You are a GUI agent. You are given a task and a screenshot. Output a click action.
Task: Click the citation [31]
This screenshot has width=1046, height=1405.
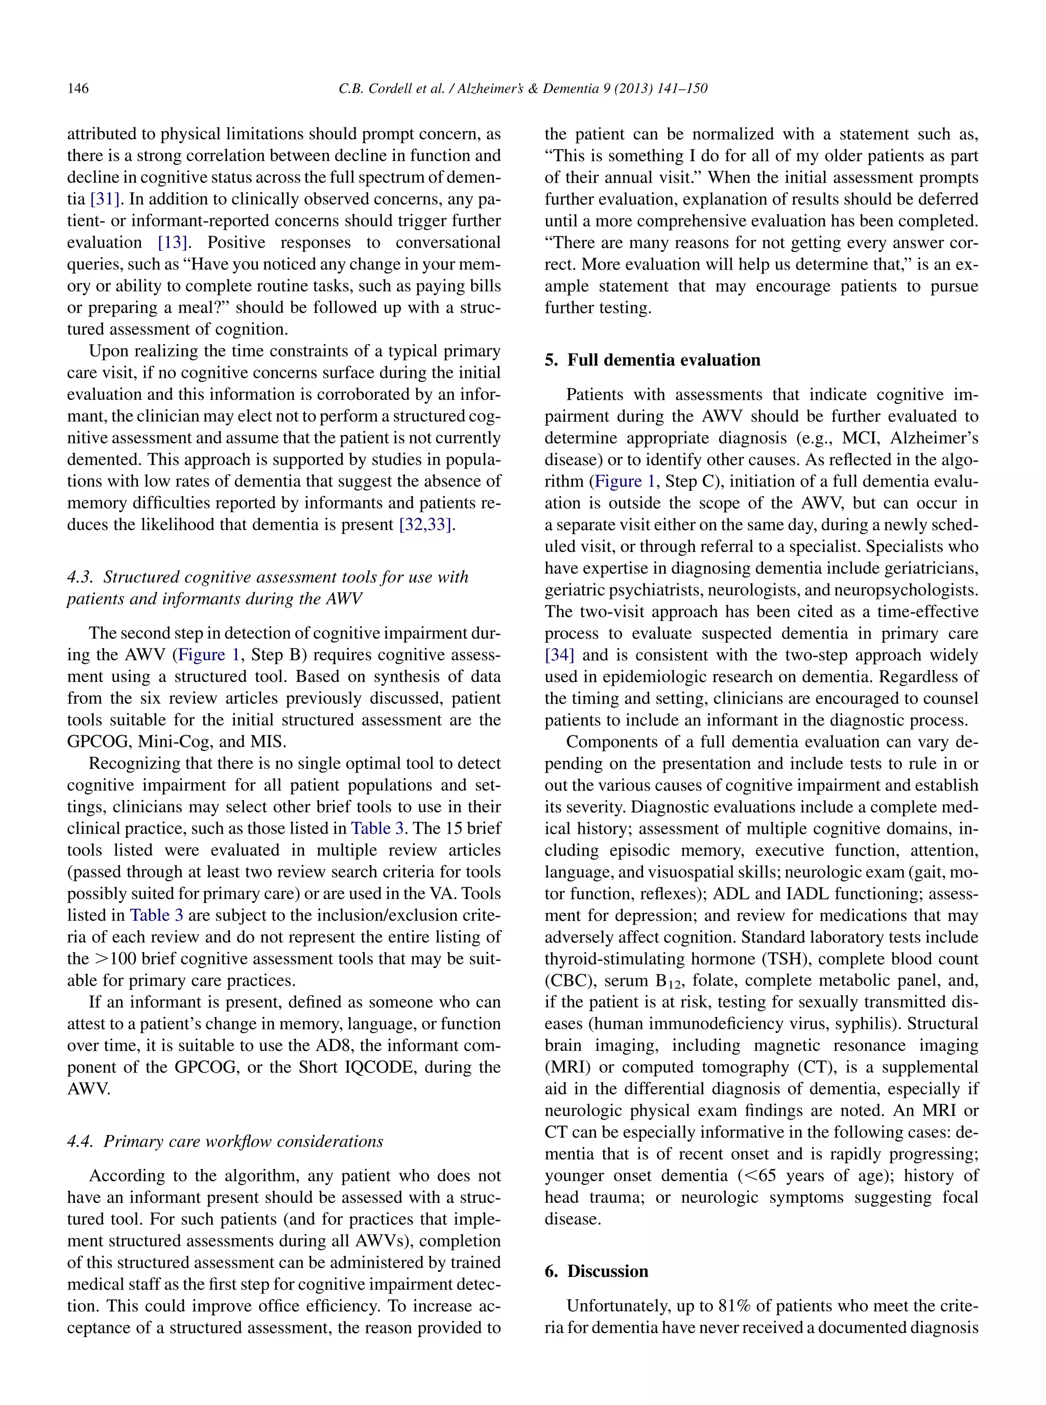[105, 199]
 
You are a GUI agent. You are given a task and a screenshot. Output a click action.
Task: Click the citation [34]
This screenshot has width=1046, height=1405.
[559, 655]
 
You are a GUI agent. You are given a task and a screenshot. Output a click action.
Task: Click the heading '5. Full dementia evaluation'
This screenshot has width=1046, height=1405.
[652, 360]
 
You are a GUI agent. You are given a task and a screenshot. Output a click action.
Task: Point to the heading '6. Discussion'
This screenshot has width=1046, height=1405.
[597, 1271]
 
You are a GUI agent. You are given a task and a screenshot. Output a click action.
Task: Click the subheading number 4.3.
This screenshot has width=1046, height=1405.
[80, 577]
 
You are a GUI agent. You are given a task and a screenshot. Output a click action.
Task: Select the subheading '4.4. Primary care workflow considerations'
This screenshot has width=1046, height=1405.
[225, 1141]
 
